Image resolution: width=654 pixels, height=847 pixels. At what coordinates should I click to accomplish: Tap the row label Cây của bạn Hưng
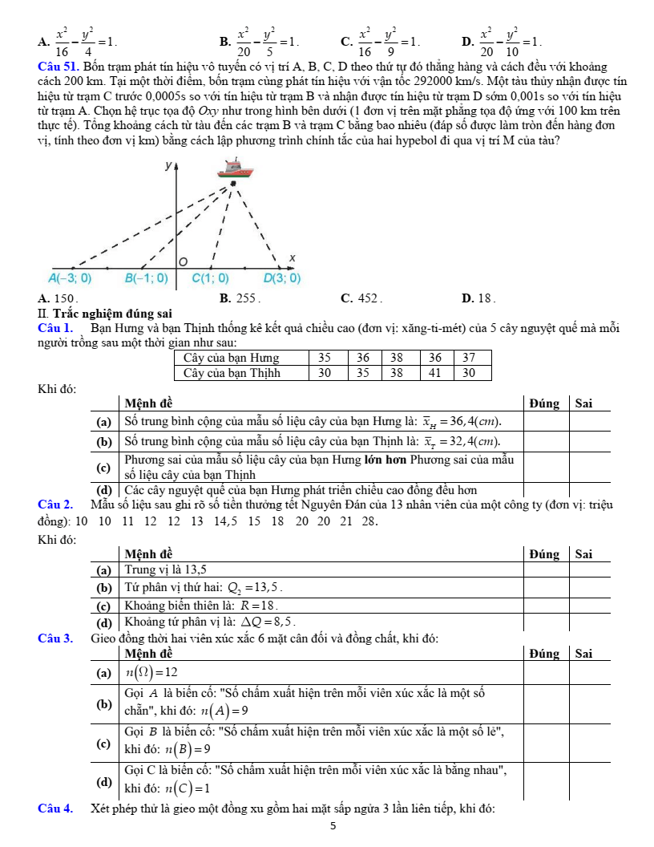232,358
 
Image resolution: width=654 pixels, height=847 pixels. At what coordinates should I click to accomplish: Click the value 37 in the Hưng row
470,358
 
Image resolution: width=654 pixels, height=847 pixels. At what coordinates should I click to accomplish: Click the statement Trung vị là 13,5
166,569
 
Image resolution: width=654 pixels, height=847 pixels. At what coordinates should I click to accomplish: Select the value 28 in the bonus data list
369,521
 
